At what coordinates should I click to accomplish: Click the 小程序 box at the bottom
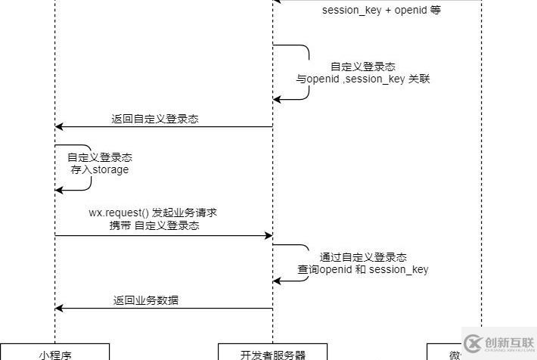(54, 352)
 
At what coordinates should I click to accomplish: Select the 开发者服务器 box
(272, 352)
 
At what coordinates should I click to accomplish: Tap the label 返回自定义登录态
(155, 119)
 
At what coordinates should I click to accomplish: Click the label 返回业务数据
(146, 300)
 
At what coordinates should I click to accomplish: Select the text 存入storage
(100, 170)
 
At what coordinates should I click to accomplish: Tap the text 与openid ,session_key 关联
(363, 79)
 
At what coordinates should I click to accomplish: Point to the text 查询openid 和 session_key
(363, 269)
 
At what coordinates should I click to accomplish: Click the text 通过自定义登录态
(363, 257)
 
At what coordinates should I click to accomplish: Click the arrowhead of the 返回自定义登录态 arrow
(59, 127)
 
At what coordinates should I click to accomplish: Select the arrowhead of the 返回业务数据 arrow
(59, 309)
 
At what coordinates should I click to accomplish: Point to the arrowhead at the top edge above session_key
(278, 1)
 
